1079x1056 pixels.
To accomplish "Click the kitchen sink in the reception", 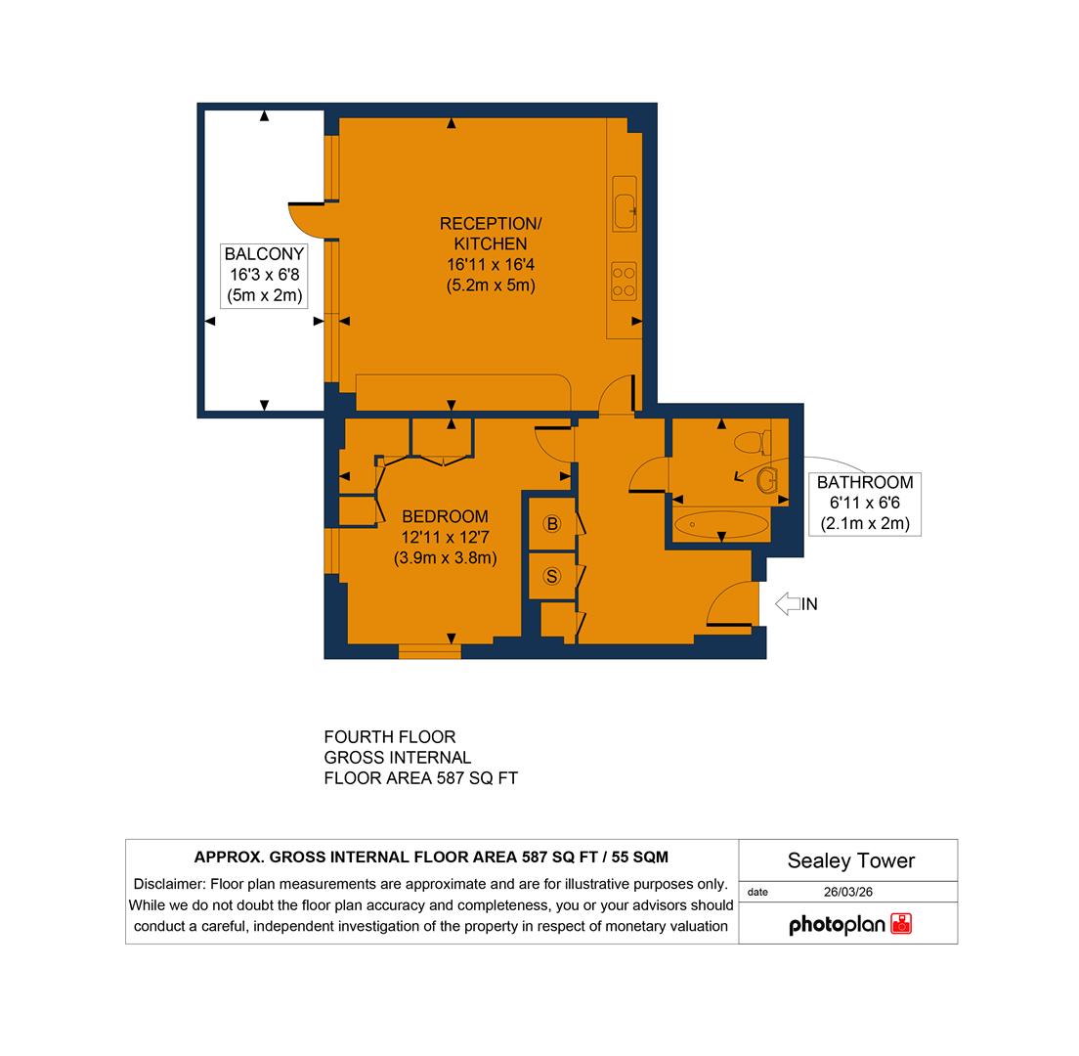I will (x=624, y=203).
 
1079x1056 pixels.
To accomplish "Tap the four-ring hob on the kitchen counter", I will (x=624, y=281).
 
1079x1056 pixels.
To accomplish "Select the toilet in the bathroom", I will (x=751, y=443).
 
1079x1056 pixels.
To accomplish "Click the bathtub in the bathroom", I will (x=721, y=524).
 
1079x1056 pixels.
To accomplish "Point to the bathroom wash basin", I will (x=766, y=479).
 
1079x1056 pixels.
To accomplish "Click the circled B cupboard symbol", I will (x=552, y=524).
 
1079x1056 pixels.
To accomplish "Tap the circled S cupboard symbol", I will (x=552, y=577).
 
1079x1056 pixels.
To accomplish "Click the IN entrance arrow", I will (x=788, y=604).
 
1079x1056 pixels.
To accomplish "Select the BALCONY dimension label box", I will (x=264, y=275).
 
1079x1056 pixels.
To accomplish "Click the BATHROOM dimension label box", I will (x=865, y=503).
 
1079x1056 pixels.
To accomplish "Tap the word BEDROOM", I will (x=445, y=516).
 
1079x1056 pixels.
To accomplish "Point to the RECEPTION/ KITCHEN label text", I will (x=490, y=234).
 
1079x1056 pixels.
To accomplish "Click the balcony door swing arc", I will (x=305, y=220).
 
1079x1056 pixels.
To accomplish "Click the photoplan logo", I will (x=849, y=924).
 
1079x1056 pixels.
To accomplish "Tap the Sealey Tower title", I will (x=850, y=860).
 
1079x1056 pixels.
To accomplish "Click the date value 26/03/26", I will (x=847, y=892).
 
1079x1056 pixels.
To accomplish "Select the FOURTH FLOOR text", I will (x=390, y=737).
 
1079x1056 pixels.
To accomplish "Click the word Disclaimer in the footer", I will (x=169, y=884).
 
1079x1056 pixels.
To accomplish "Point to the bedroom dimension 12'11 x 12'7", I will (x=445, y=537).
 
